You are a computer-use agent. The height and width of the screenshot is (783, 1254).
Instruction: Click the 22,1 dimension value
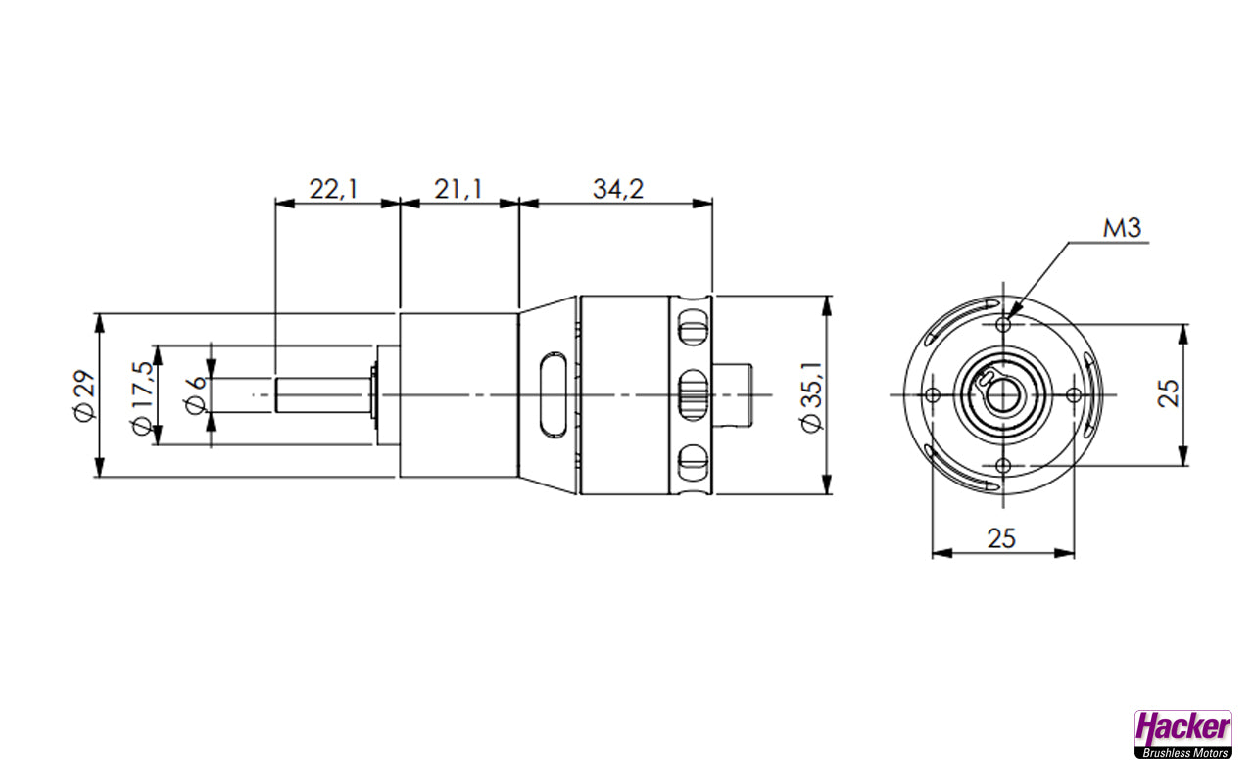(x=333, y=189)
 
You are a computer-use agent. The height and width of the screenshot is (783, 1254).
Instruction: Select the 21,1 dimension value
(x=458, y=189)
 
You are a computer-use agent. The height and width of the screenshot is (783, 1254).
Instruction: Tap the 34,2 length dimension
(x=618, y=189)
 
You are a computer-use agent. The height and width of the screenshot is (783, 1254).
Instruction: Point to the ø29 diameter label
(x=84, y=395)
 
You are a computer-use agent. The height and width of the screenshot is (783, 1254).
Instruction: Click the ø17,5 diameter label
(x=142, y=397)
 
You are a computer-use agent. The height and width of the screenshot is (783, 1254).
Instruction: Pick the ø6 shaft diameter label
(x=195, y=395)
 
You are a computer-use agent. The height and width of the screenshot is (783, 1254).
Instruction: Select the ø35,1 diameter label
(x=812, y=396)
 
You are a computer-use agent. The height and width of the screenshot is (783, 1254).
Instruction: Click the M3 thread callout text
(x=1122, y=228)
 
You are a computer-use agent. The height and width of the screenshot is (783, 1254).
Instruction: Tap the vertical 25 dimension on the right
(x=1169, y=393)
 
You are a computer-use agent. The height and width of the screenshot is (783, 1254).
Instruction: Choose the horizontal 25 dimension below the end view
(x=1001, y=538)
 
